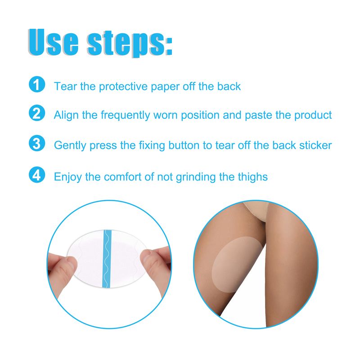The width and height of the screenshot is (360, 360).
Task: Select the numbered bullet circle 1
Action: pos(36,85)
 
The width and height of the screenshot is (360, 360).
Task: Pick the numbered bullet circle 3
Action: pos(36,144)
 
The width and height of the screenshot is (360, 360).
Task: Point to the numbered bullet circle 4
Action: pos(36,175)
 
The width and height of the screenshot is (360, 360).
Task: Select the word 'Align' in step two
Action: pos(65,115)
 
